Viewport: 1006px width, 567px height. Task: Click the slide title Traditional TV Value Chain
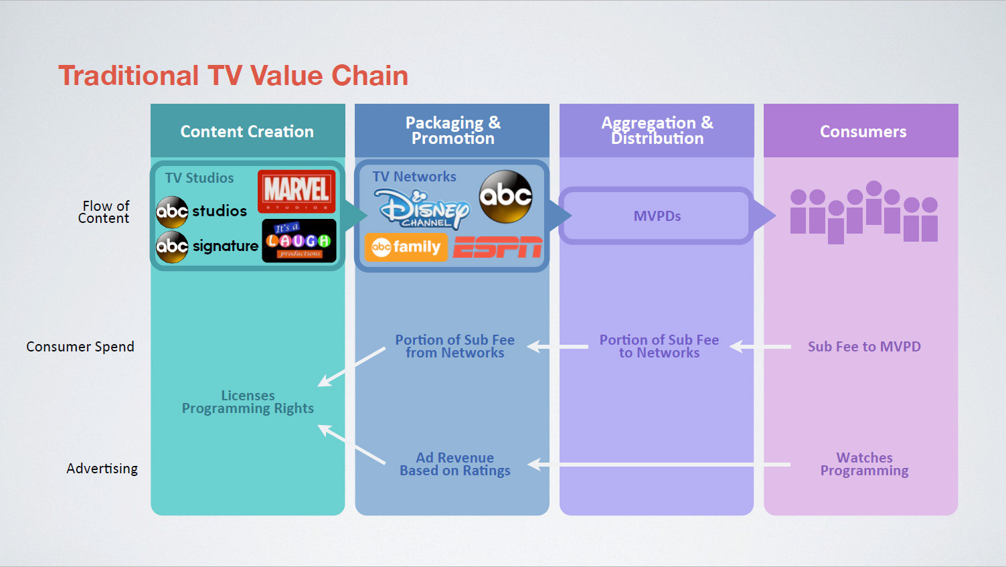tap(233, 76)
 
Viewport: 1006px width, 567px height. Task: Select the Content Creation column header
tap(247, 131)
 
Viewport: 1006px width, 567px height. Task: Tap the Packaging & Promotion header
tap(452, 131)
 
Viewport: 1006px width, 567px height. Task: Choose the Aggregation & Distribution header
tap(657, 131)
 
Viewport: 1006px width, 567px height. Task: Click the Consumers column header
tap(863, 131)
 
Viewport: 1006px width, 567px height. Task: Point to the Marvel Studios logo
tap(297, 191)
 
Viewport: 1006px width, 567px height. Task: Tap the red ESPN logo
tap(497, 247)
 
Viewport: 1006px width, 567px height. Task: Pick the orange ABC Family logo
tap(406, 247)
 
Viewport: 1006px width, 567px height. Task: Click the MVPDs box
tap(657, 216)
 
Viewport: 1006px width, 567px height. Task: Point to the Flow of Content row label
tap(104, 212)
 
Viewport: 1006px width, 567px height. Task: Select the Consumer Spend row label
tap(80, 347)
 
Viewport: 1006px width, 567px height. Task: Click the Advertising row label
tap(102, 469)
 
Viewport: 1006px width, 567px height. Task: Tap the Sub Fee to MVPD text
tap(864, 347)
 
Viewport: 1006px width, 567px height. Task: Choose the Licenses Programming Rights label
tap(248, 402)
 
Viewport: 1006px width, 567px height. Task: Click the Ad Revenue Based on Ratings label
tap(455, 464)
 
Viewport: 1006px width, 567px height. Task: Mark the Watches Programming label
tap(864, 464)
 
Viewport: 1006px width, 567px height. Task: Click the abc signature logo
tap(207, 246)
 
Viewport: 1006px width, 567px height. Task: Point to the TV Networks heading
tap(414, 177)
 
